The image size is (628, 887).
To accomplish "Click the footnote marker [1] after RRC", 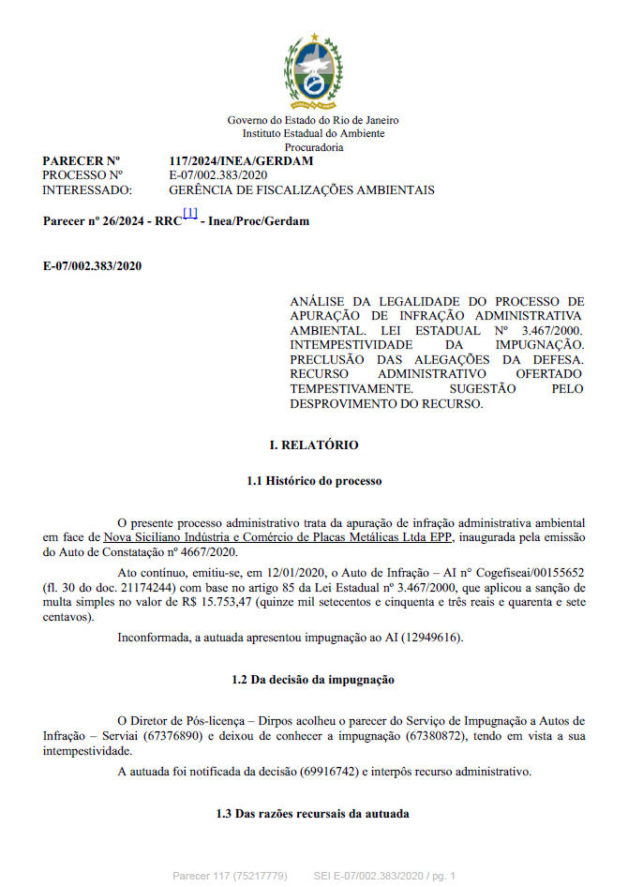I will [190, 215].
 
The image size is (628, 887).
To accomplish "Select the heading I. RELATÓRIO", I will [314, 445].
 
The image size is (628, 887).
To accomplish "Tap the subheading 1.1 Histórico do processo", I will [314, 481].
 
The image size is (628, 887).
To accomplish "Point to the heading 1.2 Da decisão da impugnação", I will [314, 679].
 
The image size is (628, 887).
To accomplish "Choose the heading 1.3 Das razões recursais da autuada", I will [313, 814].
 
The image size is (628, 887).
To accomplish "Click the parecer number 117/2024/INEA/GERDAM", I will [241, 161].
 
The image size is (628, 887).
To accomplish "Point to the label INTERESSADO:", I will [87, 189].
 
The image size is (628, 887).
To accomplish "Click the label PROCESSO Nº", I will [82, 175].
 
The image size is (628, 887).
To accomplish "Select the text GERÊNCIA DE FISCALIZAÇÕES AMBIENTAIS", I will [301, 189].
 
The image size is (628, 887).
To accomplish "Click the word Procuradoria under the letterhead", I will [314, 147].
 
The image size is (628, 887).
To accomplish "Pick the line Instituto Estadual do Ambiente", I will [314, 134].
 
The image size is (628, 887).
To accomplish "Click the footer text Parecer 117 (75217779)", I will [229, 876].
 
